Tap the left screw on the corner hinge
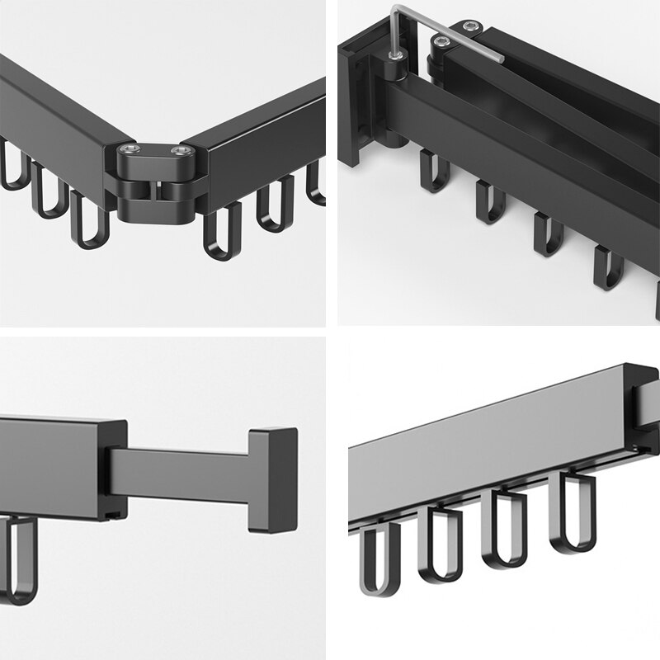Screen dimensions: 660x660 tap(129, 149)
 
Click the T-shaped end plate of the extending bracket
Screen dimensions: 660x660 tap(271, 478)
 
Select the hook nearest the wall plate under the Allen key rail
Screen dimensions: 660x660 tap(434, 169)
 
